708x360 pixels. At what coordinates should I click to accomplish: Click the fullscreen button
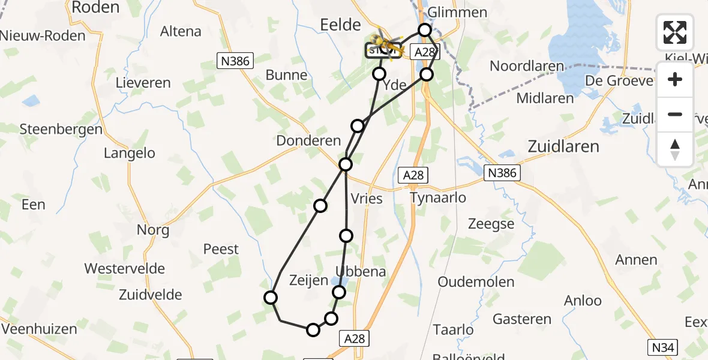(x=675, y=32)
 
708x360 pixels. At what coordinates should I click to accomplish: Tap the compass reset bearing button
(x=675, y=149)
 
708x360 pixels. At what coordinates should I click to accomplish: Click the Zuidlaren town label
(x=563, y=146)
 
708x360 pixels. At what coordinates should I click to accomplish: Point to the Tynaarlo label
(x=438, y=197)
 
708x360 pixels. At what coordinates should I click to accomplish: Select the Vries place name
(x=367, y=199)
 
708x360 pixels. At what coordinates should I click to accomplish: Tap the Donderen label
(x=309, y=141)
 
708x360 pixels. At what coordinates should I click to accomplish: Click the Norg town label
(x=153, y=230)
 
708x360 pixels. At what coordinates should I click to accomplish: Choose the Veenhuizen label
(x=40, y=329)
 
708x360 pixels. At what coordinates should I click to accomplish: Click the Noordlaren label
(x=527, y=66)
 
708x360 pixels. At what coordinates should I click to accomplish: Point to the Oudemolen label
(x=476, y=282)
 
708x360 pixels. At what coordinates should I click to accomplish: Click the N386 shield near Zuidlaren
(x=501, y=173)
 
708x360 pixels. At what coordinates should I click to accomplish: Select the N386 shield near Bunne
(x=235, y=61)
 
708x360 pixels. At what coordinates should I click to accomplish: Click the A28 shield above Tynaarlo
(x=413, y=175)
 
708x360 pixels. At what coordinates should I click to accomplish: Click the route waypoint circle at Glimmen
(x=425, y=29)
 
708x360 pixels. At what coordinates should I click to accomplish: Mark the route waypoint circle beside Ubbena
(x=339, y=292)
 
